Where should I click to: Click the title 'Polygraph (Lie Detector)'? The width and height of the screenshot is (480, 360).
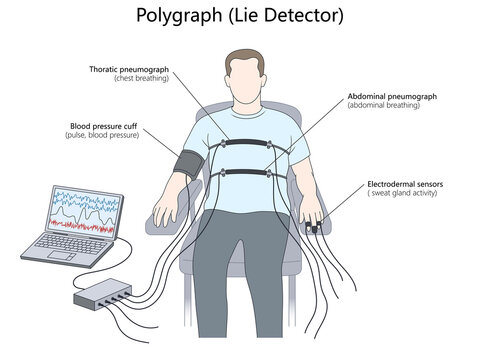coord(239,16)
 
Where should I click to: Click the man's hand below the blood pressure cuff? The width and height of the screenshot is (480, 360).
coord(163,212)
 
